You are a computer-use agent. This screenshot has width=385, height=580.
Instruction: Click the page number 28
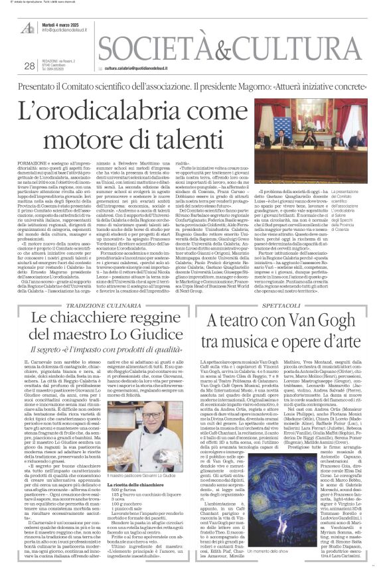(x=29, y=66)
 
